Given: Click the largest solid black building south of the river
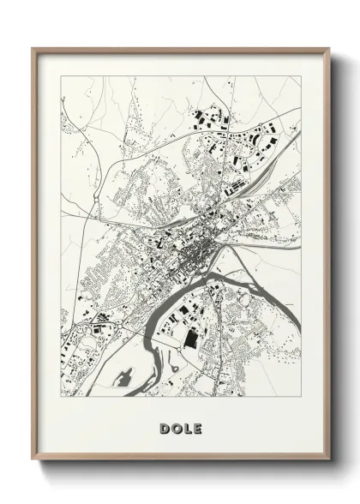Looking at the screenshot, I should pos(190,339).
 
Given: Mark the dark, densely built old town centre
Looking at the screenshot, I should pos(199,251).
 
